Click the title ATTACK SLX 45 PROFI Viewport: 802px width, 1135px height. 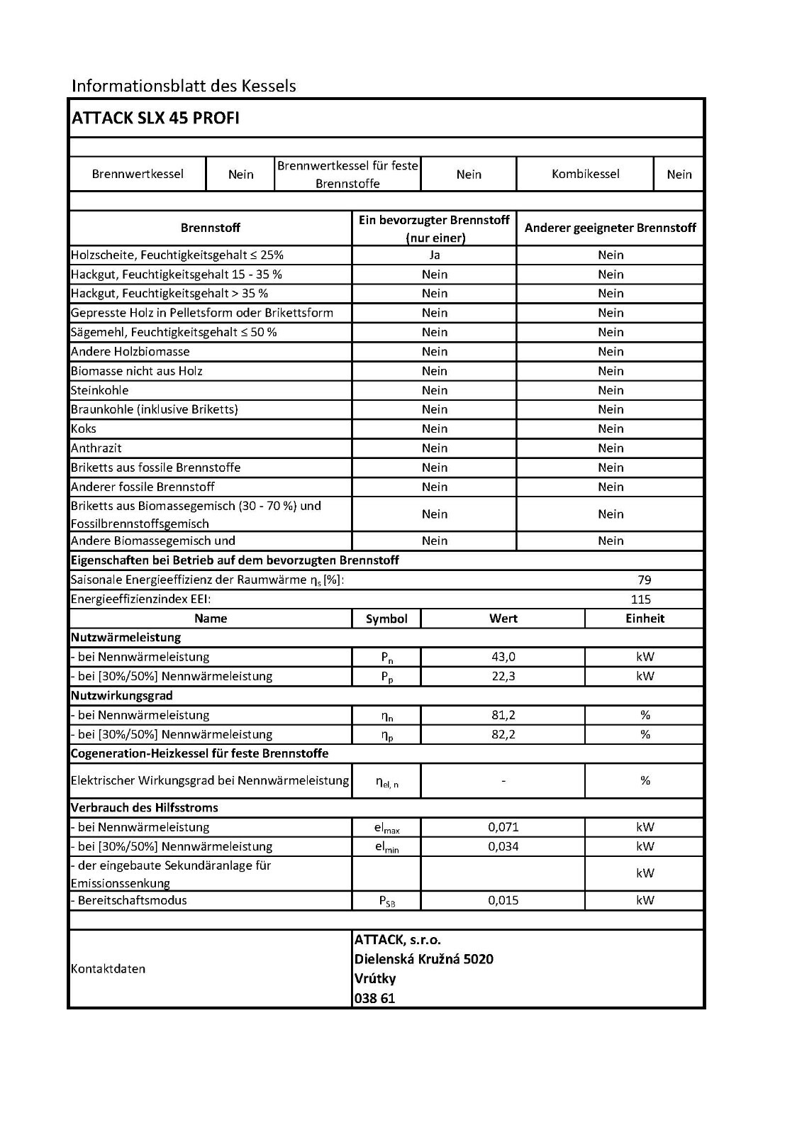pyautogui.click(x=155, y=118)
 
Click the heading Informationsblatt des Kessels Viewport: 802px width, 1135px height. pyautogui.click(x=184, y=87)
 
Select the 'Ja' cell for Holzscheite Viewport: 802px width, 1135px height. pyautogui.click(x=434, y=255)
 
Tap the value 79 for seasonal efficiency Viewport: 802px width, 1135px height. pyautogui.click(x=644, y=580)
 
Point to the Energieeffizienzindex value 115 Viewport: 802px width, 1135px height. pyautogui.click(x=640, y=599)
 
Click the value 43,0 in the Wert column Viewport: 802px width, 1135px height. pyautogui.click(x=503, y=657)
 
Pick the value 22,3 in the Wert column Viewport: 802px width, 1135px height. pyautogui.click(x=503, y=676)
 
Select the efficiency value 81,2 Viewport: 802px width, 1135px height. pyautogui.click(x=503, y=715)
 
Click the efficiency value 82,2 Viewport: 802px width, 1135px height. pyautogui.click(x=503, y=734)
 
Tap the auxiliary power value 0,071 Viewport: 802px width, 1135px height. pyautogui.click(x=503, y=827)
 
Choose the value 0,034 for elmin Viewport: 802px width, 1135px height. pyautogui.click(x=503, y=846)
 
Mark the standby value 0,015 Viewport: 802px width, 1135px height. pyautogui.click(x=503, y=900)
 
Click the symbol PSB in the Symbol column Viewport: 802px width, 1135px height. pyautogui.click(x=387, y=902)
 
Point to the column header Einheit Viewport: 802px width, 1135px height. pyautogui.click(x=645, y=619)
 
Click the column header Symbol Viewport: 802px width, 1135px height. pyautogui.click(x=386, y=619)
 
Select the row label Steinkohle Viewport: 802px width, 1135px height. pyautogui.click(x=99, y=390)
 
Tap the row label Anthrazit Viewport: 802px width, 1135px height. pyautogui.click(x=96, y=448)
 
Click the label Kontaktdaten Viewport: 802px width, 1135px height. pyautogui.click(x=108, y=969)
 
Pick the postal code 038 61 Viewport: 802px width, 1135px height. pyautogui.click(x=374, y=998)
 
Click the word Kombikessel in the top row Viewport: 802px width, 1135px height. pyautogui.click(x=585, y=174)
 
